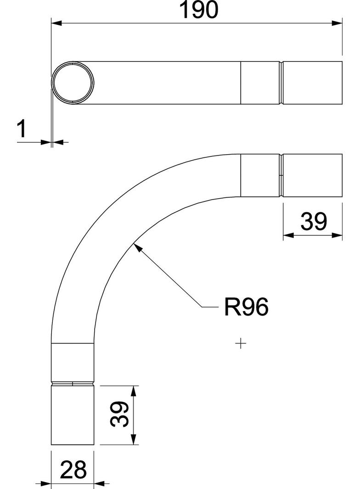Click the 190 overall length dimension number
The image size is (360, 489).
[x=199, y=10]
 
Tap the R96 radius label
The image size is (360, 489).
[x=246, y=307]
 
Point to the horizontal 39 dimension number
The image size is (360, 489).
[x=314, y=222]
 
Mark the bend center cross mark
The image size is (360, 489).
[x=241, y=343]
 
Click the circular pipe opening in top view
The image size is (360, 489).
[x=73, y=83]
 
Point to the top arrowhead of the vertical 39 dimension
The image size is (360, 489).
[x=134, y=390]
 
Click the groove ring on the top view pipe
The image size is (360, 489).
[x=281, y=83]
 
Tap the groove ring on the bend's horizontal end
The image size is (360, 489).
[x=281, y=176]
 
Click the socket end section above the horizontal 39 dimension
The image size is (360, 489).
[x=313, y=176]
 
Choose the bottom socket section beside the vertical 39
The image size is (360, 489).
[x=73, y=415]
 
